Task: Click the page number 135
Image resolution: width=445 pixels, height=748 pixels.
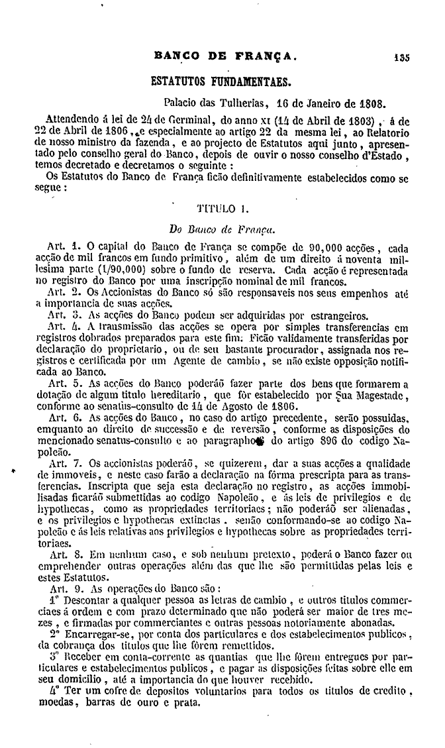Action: click(x=401, y=57)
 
